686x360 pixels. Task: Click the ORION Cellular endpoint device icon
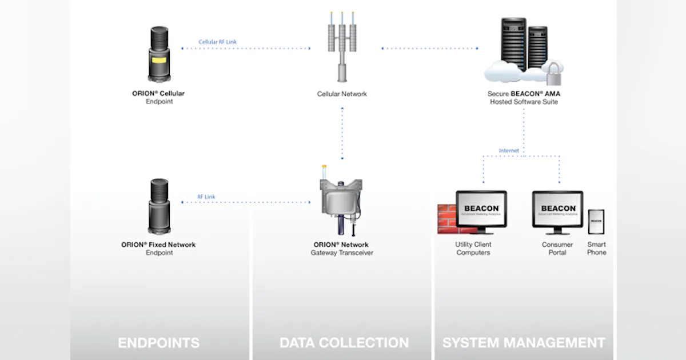(159, 55)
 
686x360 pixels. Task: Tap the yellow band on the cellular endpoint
(159, 60)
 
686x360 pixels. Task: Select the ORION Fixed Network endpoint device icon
(159, 206)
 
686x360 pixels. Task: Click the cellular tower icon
(342, 48)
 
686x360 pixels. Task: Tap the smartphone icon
(596, 222)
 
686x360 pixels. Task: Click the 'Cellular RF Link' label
(217, 42)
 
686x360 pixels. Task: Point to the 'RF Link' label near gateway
(206, 197)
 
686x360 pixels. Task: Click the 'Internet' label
(509, 151)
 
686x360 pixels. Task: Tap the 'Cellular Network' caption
(342, 94)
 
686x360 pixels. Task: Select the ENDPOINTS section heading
(158, 343)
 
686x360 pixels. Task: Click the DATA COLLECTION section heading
(344, 343)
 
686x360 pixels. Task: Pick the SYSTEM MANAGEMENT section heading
(523, 343)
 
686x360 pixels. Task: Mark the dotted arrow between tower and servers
(430, 49)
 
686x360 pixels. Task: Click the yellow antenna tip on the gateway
(324, 169)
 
